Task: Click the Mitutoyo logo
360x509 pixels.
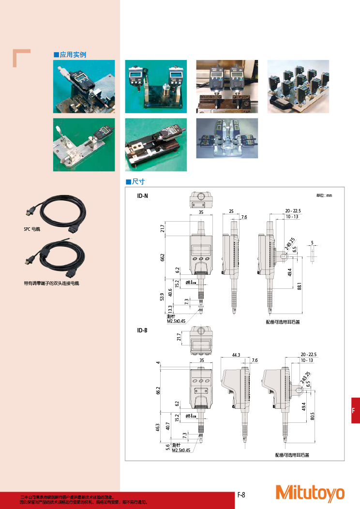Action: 310,492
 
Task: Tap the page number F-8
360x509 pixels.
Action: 241,494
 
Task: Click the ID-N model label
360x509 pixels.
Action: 143,196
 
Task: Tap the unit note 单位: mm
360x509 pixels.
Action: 324,195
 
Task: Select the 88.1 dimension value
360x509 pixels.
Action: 300,286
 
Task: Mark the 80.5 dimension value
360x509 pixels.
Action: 312,416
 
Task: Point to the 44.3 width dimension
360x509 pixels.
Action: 236,355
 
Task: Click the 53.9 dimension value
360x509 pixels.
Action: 163,296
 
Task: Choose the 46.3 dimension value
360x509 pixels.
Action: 158,427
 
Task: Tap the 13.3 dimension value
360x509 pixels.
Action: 170,309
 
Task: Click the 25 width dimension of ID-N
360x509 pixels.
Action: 231,212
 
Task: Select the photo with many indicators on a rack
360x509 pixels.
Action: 298,87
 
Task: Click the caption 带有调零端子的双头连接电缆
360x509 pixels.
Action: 51,283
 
